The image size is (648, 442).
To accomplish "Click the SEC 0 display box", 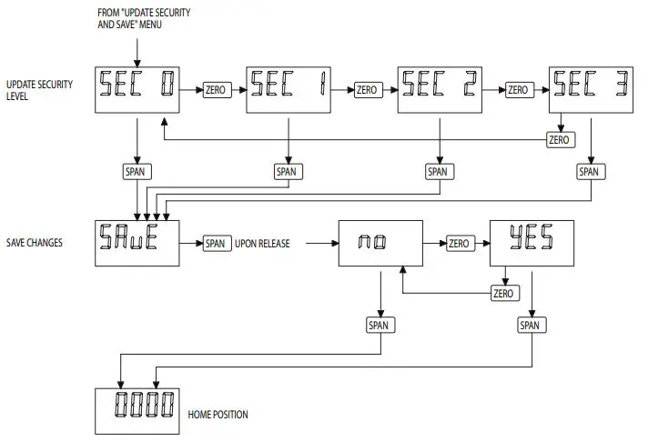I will (136, 90).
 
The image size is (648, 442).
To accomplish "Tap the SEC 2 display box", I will (439, 90).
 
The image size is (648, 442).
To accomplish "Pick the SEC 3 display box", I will (590, 90).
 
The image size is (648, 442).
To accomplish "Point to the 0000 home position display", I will (136, 411).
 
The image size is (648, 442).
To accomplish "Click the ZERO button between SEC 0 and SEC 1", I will (215, 91).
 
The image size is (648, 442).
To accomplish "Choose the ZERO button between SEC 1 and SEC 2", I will (366, 91).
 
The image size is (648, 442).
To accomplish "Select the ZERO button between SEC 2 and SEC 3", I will (518, 91).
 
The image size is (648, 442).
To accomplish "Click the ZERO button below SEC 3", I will (559, 140).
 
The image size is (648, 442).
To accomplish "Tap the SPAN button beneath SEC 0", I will (136, 171).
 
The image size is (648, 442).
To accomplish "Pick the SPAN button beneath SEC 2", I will (439, 171).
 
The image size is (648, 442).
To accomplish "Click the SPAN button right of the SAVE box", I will (215, 244).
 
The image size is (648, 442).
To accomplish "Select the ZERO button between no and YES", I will (458, 244).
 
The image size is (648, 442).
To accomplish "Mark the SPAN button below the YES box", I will (530, 324).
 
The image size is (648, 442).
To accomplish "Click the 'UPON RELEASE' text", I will (266, 244).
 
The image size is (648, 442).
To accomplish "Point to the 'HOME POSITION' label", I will (218, 415).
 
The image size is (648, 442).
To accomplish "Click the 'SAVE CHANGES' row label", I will (35, 244).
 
